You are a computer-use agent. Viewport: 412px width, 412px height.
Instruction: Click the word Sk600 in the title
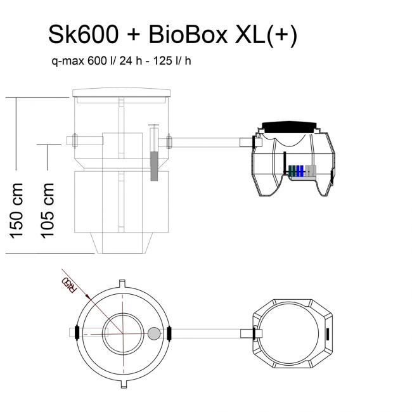pos(83,34)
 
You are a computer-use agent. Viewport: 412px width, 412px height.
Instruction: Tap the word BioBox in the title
pos(188,34)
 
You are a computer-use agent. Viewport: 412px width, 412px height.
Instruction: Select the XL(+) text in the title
pos(266,36)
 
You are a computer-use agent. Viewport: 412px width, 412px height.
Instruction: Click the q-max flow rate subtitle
pos(121,61)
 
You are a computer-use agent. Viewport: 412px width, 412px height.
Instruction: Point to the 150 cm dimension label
pos(16,210)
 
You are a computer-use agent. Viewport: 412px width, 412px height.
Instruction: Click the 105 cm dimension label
pos(48,210)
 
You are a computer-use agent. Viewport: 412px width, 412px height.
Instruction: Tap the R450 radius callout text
pos(69,285)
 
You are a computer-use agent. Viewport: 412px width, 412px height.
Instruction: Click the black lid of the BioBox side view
pos(289,127)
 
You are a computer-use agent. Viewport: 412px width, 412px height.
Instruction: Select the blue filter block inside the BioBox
pos(300,171)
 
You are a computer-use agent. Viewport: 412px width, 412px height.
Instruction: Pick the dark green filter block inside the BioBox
pos(292,171)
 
